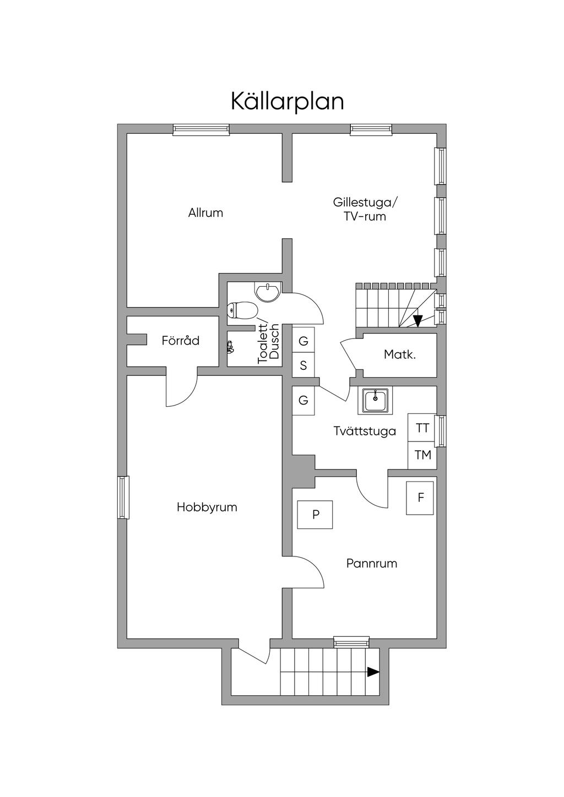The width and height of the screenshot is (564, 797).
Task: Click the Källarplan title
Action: tap(287, 102)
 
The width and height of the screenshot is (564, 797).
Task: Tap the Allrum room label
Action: tap(205, 213)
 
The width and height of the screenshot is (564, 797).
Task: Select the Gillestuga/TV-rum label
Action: tap(365, 209)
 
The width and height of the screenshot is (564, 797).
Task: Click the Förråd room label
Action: tap(180, 341)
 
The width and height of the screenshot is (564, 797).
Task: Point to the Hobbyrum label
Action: tap(207, 507)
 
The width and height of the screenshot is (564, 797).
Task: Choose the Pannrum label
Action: tap(371, 564)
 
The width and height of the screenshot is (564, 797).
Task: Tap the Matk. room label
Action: tap(399, 354)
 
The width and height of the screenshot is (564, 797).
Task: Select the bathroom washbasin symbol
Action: tap(268, 291)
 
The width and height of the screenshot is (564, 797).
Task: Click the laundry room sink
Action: tap(376, 400)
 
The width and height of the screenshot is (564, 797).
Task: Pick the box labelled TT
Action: tap(422, 428)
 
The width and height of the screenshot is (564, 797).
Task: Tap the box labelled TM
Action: tap(422, 455)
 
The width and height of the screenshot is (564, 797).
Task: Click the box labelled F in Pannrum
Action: tap(420, 498)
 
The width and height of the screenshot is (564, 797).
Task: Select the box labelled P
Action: tap(315, 515)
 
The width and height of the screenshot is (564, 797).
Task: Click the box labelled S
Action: tap(303, 365)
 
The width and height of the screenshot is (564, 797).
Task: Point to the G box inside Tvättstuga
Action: tap(303, 401)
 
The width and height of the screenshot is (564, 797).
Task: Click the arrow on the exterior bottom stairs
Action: tap(373, 672)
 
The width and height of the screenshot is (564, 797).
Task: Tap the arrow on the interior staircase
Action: tap(417, 320)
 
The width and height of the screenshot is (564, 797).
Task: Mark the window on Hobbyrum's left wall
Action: tap(123, 498)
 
